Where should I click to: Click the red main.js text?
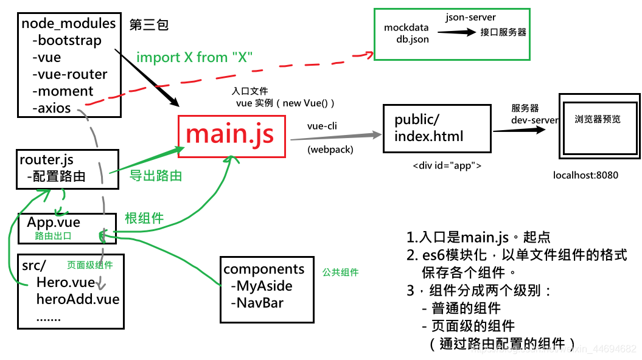click(229, 134)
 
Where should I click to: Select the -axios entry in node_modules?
click(54, 108)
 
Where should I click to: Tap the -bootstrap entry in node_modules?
click(66, 41)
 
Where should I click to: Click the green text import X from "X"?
click(194, 57)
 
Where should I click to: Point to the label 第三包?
click(148, 25)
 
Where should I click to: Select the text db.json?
click(412, 39)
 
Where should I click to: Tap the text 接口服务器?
click(503, 32)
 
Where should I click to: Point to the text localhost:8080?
click(585, 175)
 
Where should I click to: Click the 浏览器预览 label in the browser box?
click(598, 119)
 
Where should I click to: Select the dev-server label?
click(534, 120)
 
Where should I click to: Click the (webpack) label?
click(330, 149)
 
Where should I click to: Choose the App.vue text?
click(54, 223)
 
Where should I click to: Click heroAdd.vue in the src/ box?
click(77, 299)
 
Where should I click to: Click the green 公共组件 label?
click(340, 272)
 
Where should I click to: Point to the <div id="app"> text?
click(447, 165)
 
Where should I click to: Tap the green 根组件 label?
click(144, 218)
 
